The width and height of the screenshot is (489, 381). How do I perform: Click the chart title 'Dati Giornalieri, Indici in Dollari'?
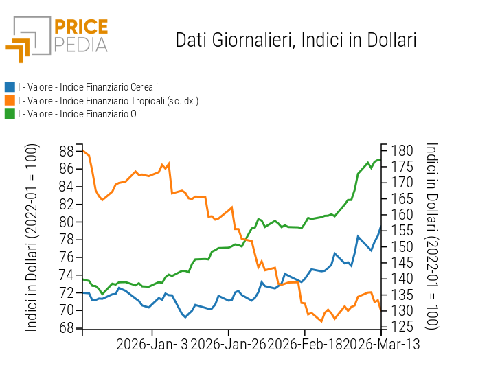[296, 40]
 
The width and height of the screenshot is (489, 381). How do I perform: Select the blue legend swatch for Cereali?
[10, 87]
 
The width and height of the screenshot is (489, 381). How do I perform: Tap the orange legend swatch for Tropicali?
[10, 101]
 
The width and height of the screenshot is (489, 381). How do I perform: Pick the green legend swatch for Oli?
[10, 114]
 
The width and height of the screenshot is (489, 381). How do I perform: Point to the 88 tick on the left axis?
[67, 151]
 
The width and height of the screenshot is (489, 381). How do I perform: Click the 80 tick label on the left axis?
[67, 222]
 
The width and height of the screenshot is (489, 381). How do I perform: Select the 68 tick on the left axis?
[67, 328]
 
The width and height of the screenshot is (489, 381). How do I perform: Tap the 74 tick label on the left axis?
[67, 275]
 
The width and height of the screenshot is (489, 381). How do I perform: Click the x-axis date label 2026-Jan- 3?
[152, 343]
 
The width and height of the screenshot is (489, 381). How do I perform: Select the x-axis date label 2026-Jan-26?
[228, 343]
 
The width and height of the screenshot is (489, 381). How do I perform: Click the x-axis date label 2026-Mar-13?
[381, 343]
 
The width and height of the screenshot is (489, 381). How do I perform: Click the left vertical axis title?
[32, 238]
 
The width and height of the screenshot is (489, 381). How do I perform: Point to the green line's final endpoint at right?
[380, 159]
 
